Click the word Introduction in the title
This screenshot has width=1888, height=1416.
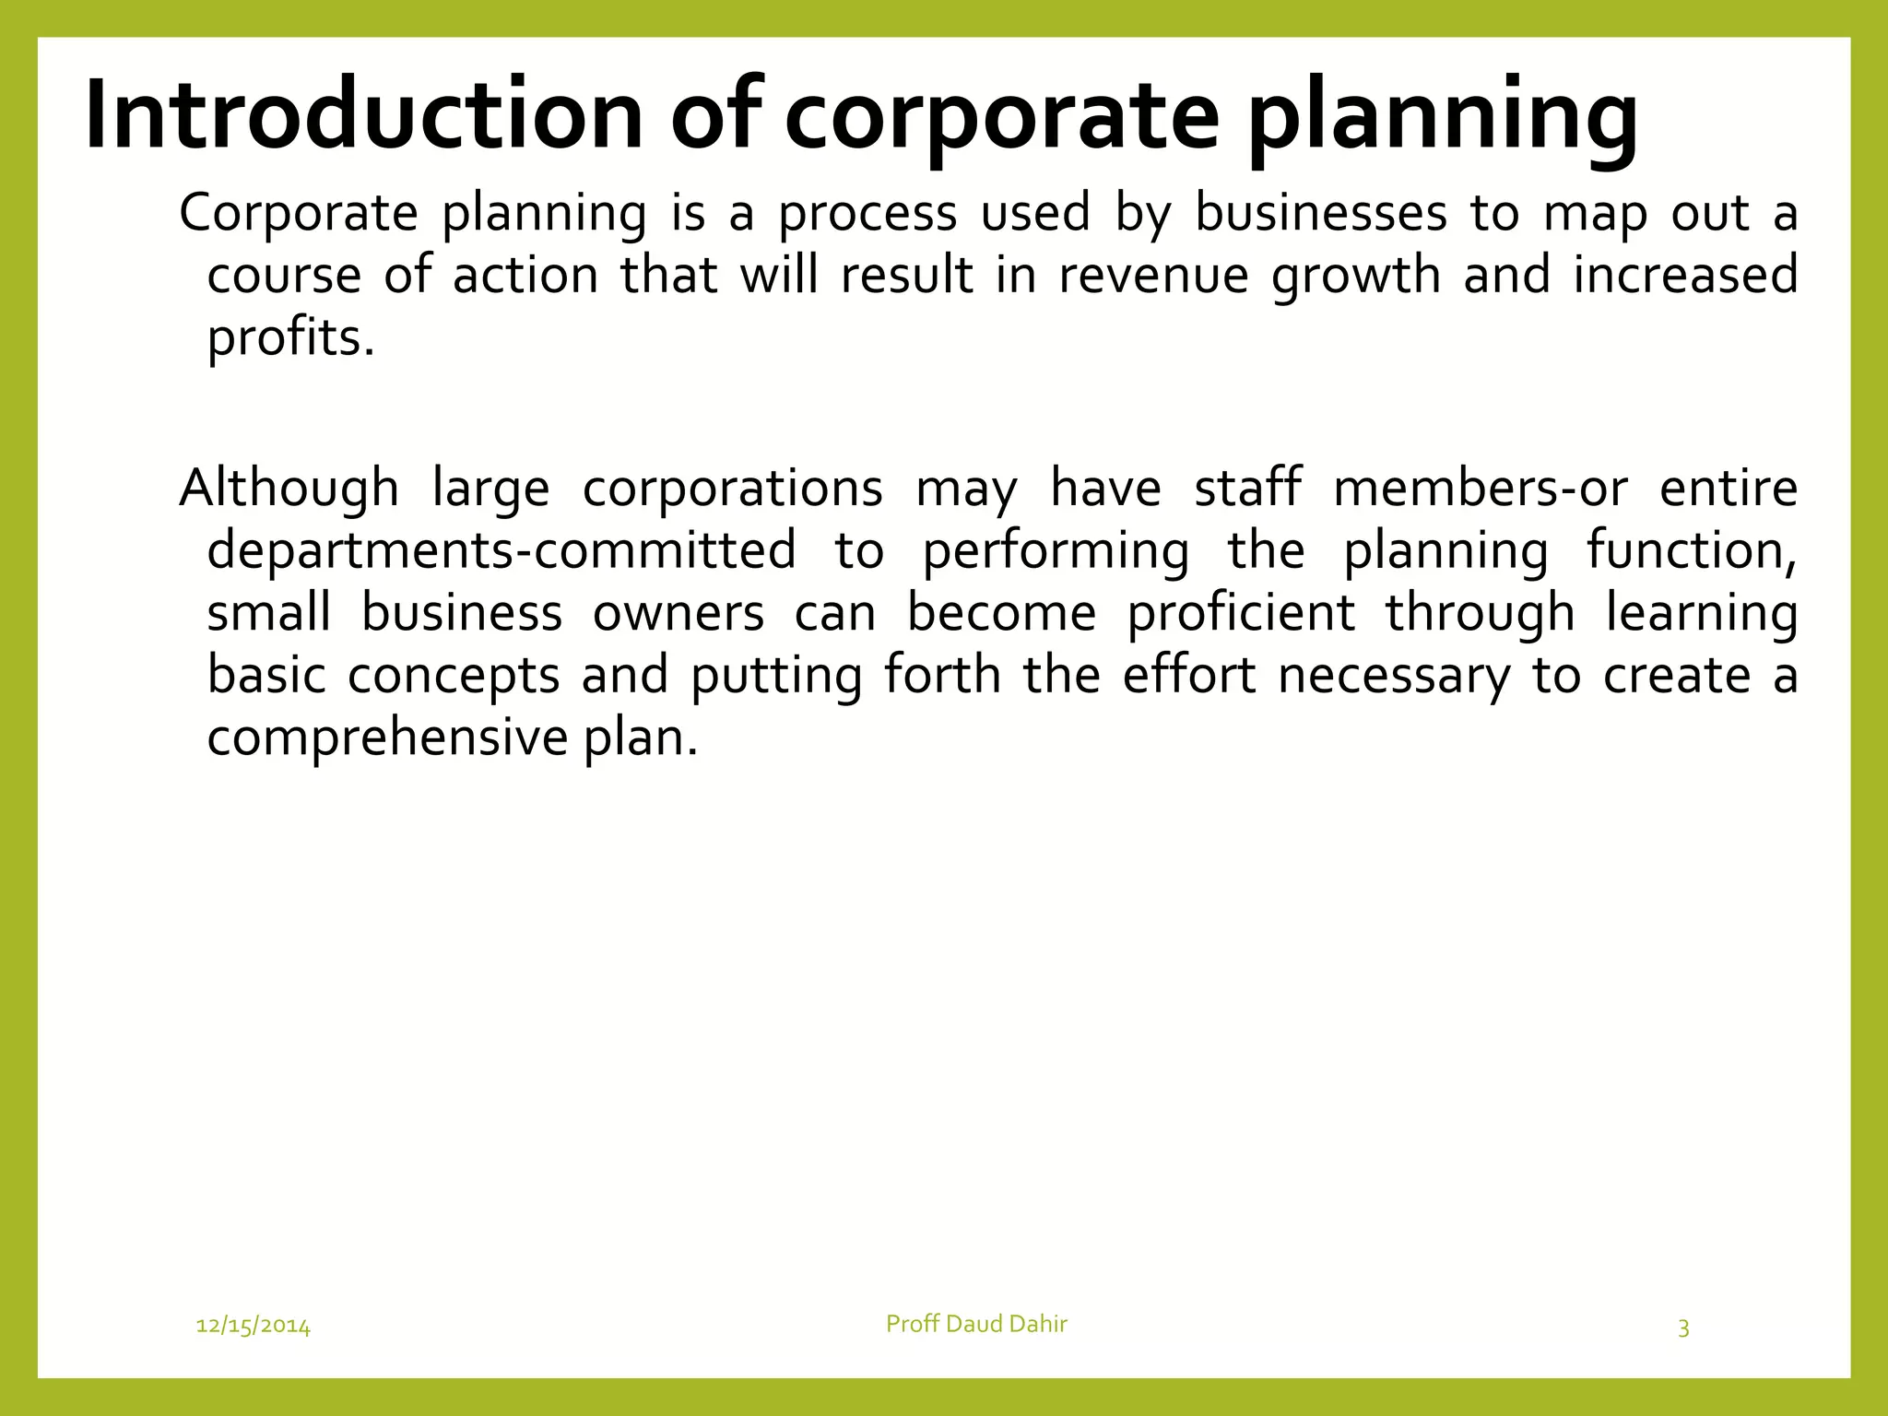363,116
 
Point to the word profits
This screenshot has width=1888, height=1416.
290,338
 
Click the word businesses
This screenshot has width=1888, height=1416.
1321,213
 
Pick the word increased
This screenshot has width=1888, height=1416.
1685,276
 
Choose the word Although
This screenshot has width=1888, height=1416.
289,488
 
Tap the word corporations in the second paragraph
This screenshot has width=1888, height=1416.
733,488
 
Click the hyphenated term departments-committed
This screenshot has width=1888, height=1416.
501,550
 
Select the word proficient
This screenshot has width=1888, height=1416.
1241,613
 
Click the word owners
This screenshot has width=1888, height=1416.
678,613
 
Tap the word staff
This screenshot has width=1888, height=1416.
1248,488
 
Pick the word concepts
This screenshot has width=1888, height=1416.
454,676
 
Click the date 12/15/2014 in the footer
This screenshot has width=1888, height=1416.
254,1327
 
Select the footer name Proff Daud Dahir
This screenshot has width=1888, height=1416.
976,1324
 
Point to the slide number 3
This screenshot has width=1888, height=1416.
1683,1328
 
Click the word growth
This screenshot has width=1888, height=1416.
1355,276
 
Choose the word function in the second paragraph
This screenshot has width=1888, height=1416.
1692,550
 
